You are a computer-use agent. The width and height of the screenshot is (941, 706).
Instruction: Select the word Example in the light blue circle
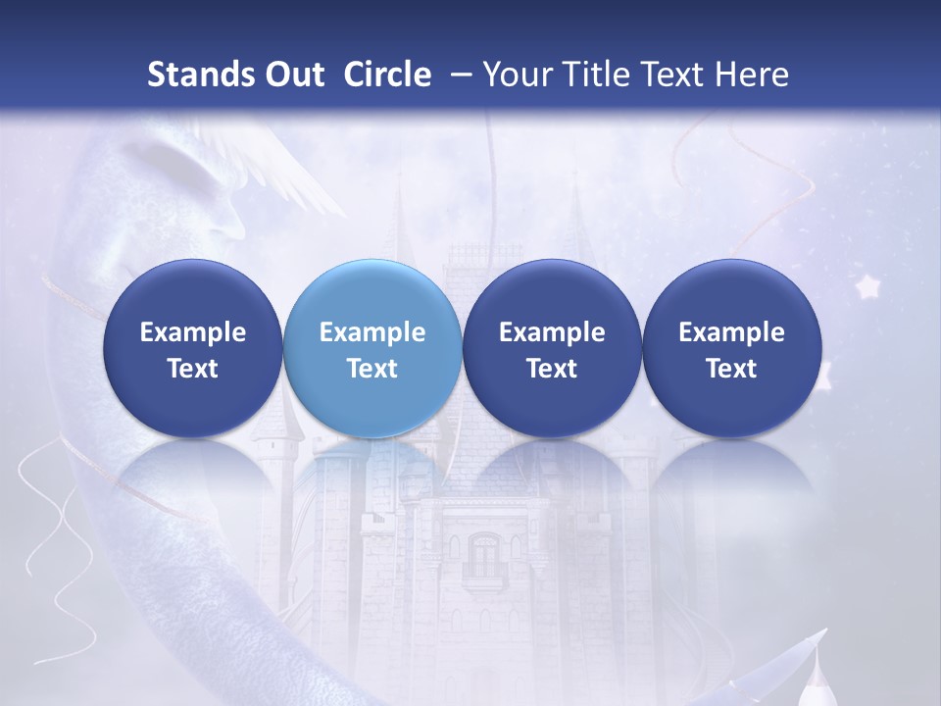point(372,332)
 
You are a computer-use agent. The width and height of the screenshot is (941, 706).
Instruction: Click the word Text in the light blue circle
point(372,369)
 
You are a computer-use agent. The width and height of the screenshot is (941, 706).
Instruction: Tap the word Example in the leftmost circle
point(193,332)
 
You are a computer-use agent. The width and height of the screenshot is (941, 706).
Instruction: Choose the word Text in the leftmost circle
point(193,369)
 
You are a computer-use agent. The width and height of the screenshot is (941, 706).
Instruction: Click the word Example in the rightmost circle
point(731,332)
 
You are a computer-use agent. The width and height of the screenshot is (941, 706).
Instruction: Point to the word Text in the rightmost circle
point(731,369)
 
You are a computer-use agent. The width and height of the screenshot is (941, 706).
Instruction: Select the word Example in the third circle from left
point(552,332)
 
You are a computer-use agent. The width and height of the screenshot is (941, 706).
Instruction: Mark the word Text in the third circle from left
point(552,369)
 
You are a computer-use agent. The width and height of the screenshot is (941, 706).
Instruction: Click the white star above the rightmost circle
point(867,286)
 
